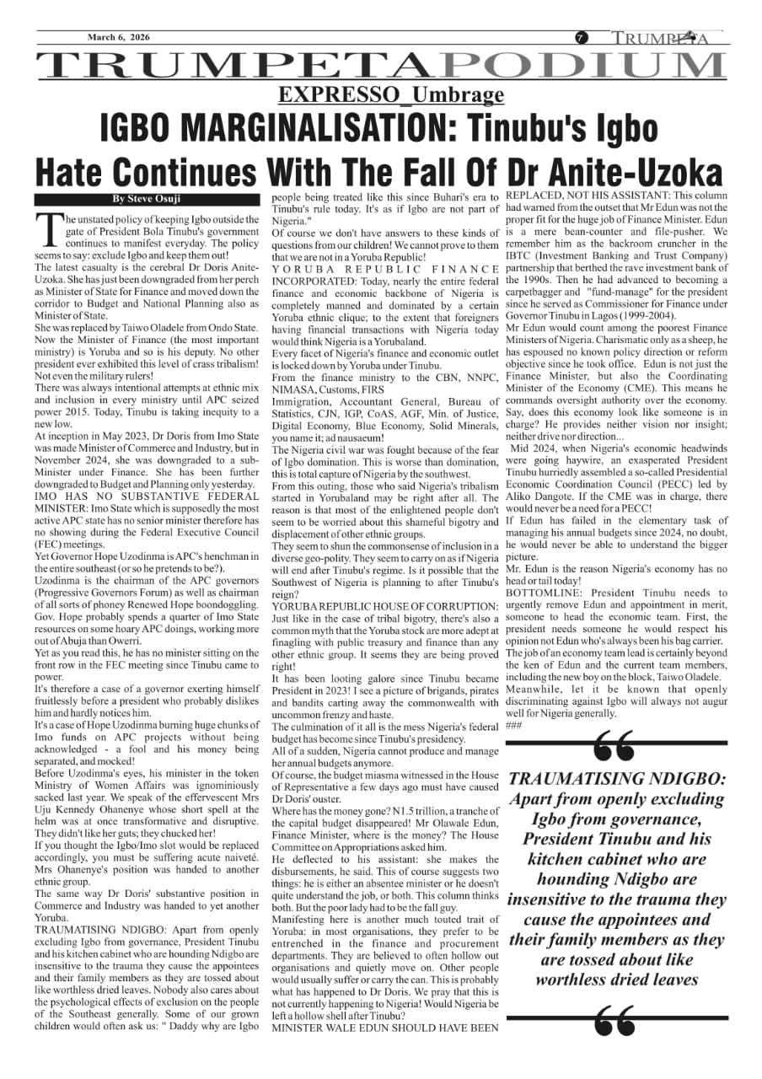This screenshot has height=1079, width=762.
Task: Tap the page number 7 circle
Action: coord(582,38)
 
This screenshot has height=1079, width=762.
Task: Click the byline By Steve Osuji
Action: coord(140,199)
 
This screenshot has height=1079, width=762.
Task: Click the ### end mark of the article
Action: coord(513,725)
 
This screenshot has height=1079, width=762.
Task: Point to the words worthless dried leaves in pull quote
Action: coord(618,980)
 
